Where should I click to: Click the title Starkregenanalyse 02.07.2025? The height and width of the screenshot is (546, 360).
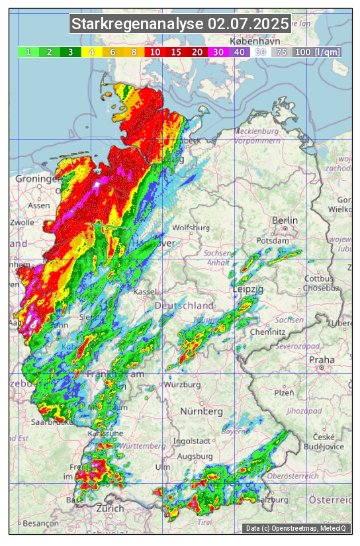[x=180, y=24]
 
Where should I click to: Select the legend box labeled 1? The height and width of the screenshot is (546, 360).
[x=28, y=52]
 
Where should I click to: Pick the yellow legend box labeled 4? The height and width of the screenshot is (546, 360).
[x=91, y=52]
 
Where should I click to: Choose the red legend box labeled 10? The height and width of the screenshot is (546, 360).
[x=155, y=52]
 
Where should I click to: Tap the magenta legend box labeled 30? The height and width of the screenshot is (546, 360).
[x=218, y=52]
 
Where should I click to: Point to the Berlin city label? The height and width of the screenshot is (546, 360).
[x=285, y=220]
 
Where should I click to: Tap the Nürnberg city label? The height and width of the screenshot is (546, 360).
[x=202, y=412]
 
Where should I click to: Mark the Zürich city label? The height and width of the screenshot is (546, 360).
[x=110, y=508]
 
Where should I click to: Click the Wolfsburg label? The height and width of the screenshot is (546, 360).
[x=191, y=228]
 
